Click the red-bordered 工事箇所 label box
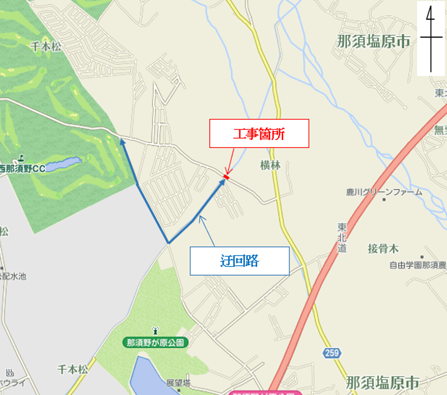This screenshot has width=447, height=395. pos(259,133)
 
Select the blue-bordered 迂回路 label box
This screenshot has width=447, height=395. pos(239,261)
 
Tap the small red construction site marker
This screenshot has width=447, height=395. pos(226,176)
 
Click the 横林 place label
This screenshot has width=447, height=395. pos(270,165)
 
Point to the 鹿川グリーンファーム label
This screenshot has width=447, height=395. pos(384,192)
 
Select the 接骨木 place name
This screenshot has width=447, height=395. pos(383,249)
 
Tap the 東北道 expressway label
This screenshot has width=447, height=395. pos(342,237)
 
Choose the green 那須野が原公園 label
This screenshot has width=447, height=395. pos(156,342)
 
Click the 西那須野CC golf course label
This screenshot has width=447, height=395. pos(23,169)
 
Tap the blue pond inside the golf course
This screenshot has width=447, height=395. pos(63,164)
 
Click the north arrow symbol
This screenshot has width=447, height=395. pos(431,38)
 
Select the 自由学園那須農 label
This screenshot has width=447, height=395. pos(417,265)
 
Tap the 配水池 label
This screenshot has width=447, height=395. pos(13,276)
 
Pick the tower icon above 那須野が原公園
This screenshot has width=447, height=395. pos(156,330)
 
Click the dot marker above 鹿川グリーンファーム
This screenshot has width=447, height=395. pos(384,199)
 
